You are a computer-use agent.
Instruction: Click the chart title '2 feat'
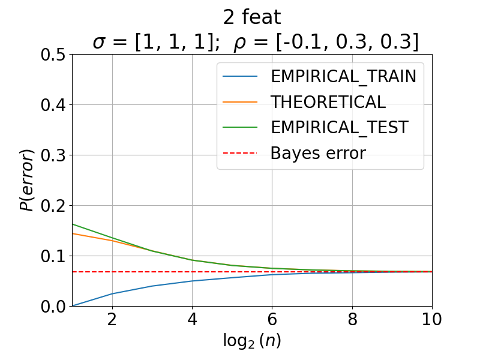point(252,17)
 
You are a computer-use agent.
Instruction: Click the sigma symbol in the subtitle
point(100,43)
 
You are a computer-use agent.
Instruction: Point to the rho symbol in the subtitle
point(239,44)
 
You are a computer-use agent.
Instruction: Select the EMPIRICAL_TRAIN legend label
point(343,77)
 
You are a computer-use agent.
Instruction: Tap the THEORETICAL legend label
point(328,102)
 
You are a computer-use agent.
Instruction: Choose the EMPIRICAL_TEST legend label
point(340,128)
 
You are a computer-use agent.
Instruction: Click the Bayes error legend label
point(318,153)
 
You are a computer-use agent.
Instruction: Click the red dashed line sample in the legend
point(240,153)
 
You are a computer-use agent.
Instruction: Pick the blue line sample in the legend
point(240,76)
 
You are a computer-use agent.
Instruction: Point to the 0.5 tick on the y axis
point(53,55)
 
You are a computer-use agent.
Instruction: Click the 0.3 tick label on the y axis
point(53,155)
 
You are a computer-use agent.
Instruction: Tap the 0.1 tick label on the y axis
point(53,256)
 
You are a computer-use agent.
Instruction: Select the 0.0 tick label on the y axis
point(53,307)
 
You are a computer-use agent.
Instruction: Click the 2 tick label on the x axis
point(112,319)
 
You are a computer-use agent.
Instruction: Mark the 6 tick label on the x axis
point(272,319)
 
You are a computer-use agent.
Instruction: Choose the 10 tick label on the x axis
point(431,319)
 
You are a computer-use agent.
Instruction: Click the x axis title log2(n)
point(252,341)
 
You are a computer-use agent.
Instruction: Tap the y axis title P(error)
point(26,181)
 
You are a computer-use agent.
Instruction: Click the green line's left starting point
point(72,224)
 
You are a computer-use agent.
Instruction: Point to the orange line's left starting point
point(72,233)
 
